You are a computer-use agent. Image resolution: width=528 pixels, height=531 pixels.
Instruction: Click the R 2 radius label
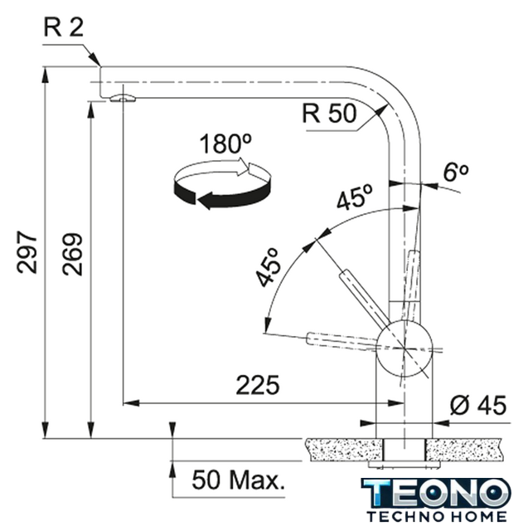coord(64,27)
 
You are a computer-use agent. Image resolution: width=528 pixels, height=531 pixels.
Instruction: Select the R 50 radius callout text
coord(329,114)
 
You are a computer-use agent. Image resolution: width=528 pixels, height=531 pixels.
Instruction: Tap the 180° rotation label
coord(225,144)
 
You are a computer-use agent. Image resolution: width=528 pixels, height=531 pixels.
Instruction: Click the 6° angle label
coord(456,172)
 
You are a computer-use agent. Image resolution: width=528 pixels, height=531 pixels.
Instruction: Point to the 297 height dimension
coord(27,252)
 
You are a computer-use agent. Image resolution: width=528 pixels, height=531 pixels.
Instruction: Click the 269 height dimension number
coord(72,254)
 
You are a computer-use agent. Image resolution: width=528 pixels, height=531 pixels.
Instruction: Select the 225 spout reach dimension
coord(258,385)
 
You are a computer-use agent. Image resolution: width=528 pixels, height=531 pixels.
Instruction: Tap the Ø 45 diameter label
coord(478,405)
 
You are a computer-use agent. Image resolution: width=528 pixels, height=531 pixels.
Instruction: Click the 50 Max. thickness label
coord(238,480)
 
